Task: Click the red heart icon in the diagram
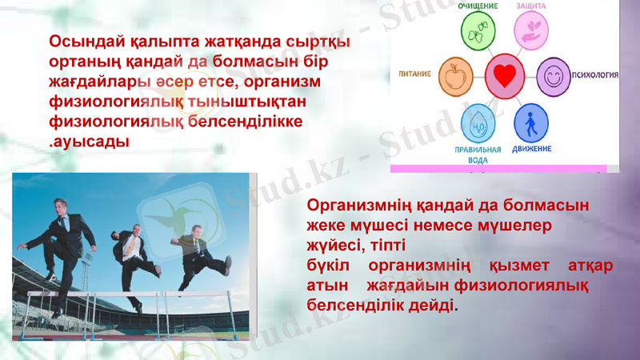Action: pos(504,76)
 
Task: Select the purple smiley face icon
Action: pos(552,76)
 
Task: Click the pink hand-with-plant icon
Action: pos(530,31)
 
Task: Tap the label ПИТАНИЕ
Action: pos(415,74)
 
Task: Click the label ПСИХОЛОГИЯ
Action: pos(595,76)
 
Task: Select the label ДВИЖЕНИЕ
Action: pos(531,149)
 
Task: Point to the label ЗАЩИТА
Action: pos(531,6)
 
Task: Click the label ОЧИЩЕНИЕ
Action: pos(478,6)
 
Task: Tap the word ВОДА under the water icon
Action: pos(478,159)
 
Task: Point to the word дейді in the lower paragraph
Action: pos(433,305)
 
